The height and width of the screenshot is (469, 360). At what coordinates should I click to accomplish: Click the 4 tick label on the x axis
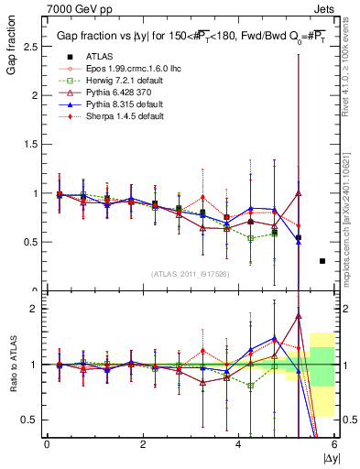(238, 444)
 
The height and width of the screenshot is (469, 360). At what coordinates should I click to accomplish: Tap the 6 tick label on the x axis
(334, 444)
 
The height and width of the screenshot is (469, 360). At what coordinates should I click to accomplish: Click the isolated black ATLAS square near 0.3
(322, 261)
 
